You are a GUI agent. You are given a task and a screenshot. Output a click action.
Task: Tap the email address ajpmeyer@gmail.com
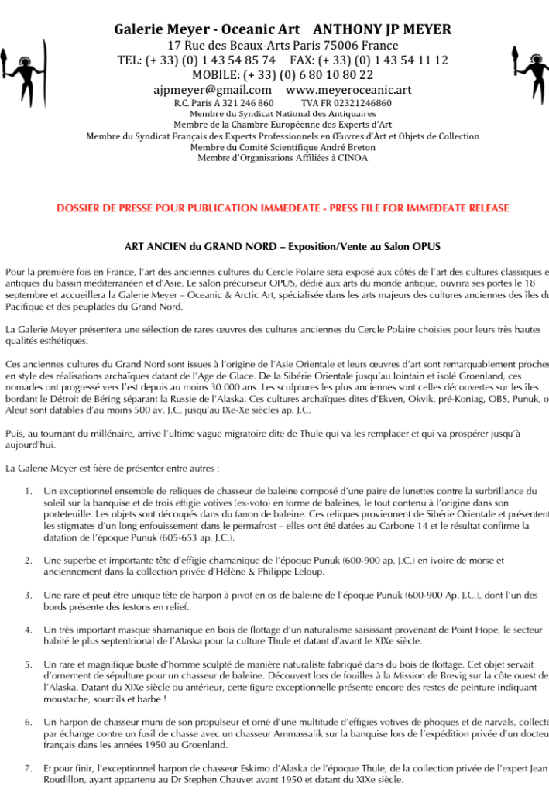coord(212,90)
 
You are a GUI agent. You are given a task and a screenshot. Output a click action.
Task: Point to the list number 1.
coord(28,491)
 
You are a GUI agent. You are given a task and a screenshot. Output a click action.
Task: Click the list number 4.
coord(28,630)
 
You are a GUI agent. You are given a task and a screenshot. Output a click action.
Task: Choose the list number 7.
coord(28,770)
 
